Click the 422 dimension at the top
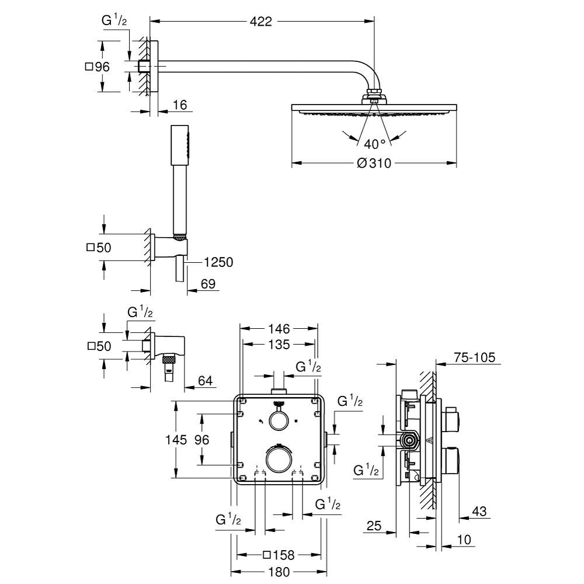[x=261, y=22]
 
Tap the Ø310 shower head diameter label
[x=373, y=164]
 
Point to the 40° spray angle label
[x=374, y=144]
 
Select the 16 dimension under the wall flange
[x=180, y=105]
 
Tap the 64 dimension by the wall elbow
[x=206, y=381]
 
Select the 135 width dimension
[x=279, y=345]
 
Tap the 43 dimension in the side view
[x=479, y=512]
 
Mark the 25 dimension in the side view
[x=374, y=527]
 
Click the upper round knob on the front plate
[x=278, y=419]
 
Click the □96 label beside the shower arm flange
[x=98, y=67]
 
